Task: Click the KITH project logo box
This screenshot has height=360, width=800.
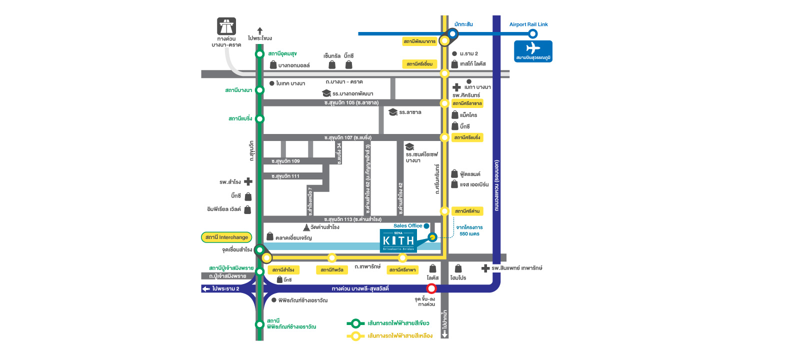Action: click(398, 240)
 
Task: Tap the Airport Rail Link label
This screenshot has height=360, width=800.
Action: click(528, 24)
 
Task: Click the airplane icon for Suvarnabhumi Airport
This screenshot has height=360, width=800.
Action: click(533, 48)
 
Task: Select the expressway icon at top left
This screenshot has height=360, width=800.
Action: click(226, 26)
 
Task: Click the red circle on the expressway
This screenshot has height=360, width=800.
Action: click(431, 288)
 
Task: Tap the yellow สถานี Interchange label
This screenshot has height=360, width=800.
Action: click(226, 237)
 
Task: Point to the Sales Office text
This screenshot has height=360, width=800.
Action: click(407, 226)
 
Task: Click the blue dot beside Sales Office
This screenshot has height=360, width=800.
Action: click(426, 226)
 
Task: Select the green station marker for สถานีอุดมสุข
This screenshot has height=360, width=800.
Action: click(259, 54)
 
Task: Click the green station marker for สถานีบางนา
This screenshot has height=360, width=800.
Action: click(259, 90)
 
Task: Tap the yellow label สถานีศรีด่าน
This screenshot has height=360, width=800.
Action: click(467, 211)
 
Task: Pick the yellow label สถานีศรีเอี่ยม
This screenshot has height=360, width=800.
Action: click(419, 64)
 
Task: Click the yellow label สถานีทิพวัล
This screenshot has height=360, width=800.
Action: click(332, 270)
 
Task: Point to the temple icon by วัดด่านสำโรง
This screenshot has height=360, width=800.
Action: click(306, 227)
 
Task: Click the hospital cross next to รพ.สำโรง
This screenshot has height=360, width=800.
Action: click(248, 182)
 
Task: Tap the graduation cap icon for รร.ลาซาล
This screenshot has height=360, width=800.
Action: click(393, 112)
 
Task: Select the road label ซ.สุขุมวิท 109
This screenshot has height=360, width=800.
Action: click(285, 161)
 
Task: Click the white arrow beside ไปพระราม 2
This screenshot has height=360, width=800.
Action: click(206, 289)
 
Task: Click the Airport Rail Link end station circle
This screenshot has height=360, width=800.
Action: click(533, 34)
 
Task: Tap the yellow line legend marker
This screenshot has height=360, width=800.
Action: click(355, 336)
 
